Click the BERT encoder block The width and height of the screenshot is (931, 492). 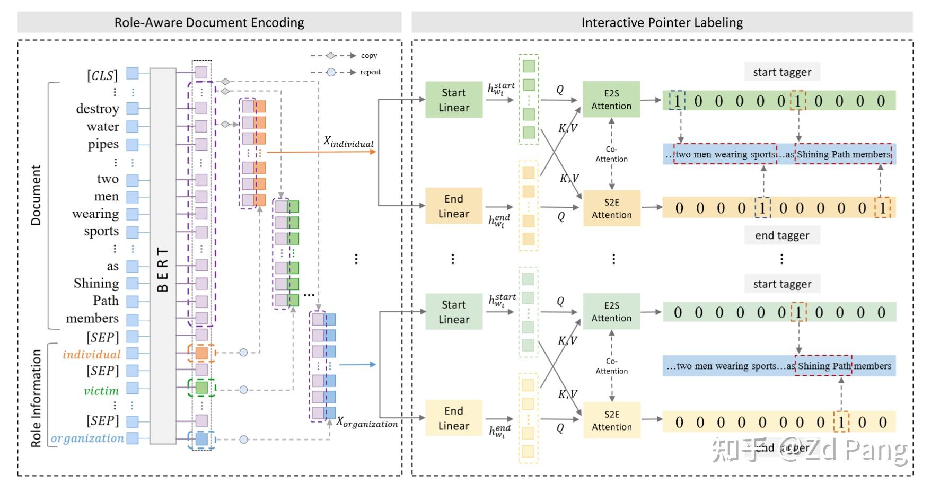[163, 256]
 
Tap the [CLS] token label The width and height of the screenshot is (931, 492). [102, 75]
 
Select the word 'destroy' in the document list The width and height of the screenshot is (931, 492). [98, 109]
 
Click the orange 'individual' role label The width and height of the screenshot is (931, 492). [92, 354]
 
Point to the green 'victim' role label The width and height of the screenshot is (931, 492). [101, 391]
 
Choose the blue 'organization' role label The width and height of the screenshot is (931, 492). [87, 438]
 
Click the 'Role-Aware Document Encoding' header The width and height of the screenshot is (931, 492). [209, 23]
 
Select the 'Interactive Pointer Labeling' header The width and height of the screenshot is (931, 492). [662, 23]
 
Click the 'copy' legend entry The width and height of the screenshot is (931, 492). [369, 56]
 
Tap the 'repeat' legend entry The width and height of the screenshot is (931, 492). [370, 72]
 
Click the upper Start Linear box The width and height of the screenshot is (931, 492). [454, 100]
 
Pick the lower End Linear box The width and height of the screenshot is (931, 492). [453, 418]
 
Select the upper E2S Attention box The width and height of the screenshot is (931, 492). [611, 99]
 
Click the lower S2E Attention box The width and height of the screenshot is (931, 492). [611, 420]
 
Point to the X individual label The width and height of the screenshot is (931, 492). [348, 142]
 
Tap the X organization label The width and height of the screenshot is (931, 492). [367, 423]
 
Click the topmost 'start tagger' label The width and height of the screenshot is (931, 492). [782, 72]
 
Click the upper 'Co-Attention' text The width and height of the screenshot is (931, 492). [611, 154]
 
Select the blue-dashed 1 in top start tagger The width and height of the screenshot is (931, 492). [677, 101]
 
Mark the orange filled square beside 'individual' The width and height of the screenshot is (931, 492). [201, 353]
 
